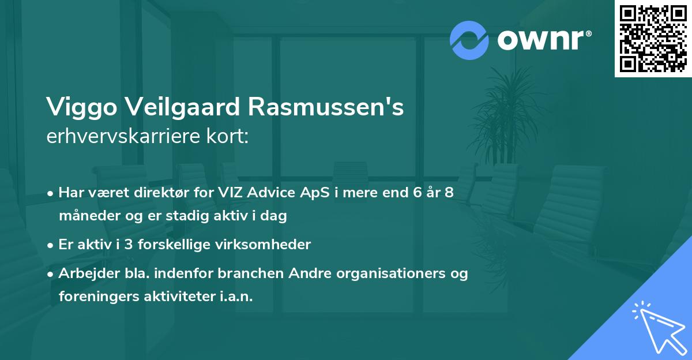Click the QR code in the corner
[653, 39]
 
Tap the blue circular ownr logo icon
[469, 40]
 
